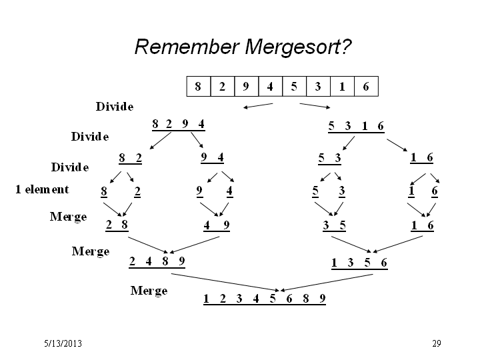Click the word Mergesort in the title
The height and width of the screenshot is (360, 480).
298,47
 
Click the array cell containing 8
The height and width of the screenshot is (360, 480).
199,86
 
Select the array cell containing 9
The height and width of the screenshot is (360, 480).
247,86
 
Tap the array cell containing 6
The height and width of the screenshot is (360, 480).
366,86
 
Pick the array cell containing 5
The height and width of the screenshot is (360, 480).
294,86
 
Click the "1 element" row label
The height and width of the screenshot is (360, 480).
42,189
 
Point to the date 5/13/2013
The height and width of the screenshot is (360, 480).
63,343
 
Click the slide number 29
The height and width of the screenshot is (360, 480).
437,343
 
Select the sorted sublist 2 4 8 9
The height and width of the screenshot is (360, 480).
157,262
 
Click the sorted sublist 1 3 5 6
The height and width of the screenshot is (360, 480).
360,263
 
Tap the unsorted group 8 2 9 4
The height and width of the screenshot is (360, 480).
179,125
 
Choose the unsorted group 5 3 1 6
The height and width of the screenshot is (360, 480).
356,127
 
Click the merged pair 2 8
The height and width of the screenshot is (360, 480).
117,225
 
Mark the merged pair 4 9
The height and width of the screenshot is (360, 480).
217,225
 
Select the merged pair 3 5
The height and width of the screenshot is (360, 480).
334,226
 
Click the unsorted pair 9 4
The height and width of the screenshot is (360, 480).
213,158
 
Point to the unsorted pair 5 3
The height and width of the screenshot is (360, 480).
330,159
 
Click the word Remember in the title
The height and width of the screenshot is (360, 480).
187,47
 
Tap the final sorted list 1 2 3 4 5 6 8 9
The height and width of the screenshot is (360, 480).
265,299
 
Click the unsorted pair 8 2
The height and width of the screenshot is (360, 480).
131,159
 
